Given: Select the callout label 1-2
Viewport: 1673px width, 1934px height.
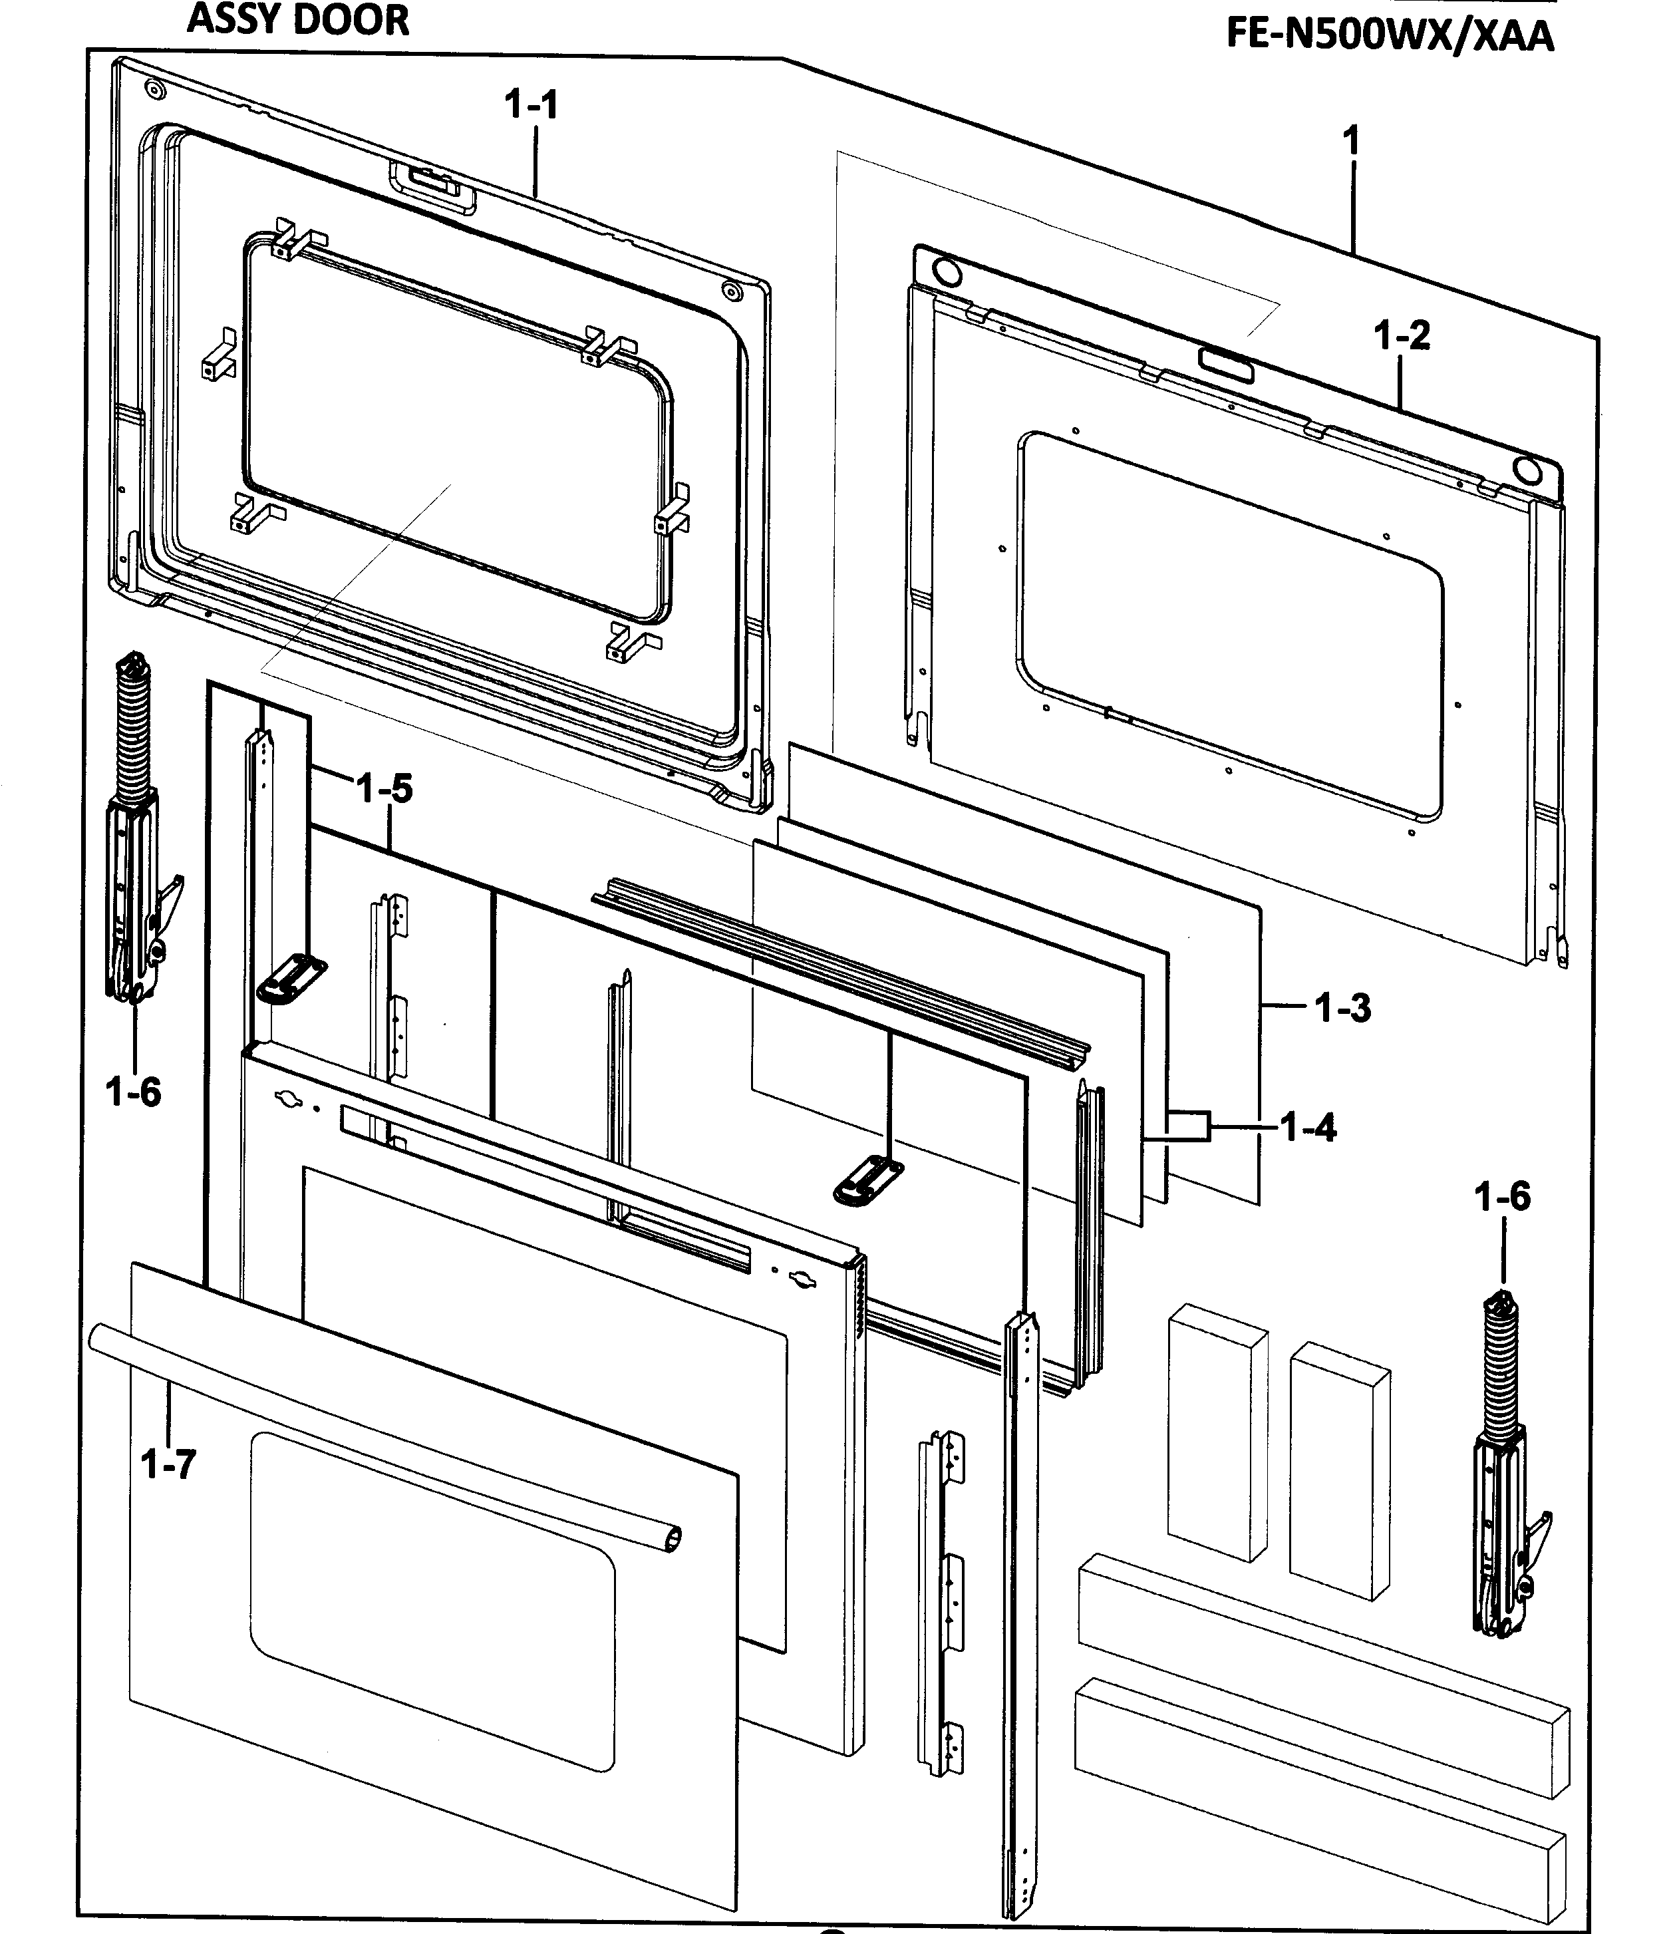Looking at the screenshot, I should [x=1402, y=335].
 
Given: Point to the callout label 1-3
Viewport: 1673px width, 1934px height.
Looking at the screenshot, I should [x=1342, y=1008].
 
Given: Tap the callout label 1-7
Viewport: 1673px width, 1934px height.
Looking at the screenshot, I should [x=169, y=1464].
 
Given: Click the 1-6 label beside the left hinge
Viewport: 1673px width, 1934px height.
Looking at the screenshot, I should [x=134, y=1090].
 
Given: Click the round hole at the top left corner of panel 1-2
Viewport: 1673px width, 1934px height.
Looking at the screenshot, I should [x=946, y=273].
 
